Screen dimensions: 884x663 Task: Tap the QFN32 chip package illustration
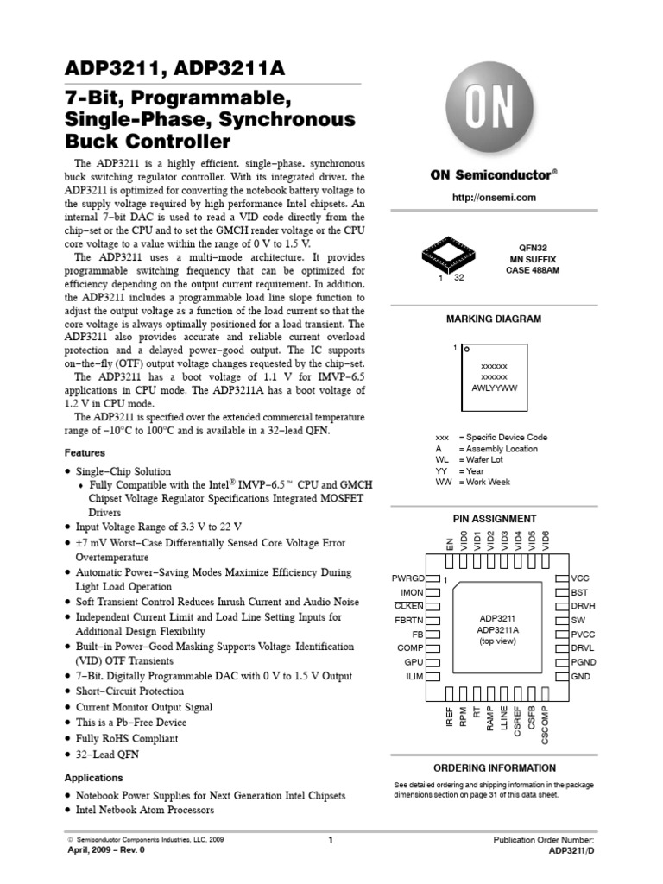tap(450, 255)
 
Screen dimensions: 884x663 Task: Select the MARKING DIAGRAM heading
tap(494, 319)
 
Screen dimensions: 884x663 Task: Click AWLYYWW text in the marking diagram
tap(494, 388)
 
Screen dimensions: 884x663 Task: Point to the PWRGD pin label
tap(407, 578)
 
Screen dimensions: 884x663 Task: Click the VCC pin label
tap(581, 578)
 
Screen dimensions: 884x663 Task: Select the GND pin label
tap(581, 677)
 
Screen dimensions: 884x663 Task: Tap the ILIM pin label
tap(414, 677)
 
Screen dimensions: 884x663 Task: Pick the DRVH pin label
tap(584, 606)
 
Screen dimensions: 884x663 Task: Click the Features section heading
tap(85, 452)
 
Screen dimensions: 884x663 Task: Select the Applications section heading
tap(93, 778)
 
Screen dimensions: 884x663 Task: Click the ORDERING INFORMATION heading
tap(494, 767)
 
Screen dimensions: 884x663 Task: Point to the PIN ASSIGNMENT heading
tap(494, 519)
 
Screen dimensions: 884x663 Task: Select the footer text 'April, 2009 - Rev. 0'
tap(106, 850)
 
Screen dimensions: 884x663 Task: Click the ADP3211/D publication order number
tap(571, 850)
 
